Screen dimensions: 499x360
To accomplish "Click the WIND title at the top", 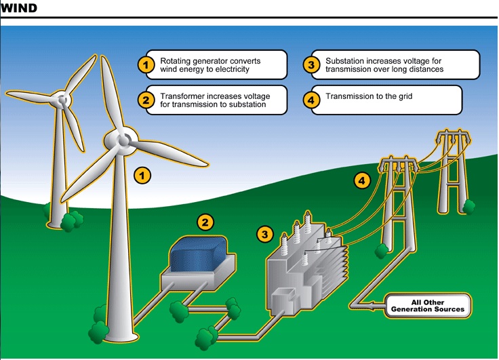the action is tap(18, 7).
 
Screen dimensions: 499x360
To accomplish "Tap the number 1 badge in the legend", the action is tap(146, 65).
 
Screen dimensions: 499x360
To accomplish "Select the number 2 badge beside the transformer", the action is tap(205, 222).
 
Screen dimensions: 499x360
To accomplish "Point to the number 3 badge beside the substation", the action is tap(265, 235).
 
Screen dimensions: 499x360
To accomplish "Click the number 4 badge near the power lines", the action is tap(362, 181).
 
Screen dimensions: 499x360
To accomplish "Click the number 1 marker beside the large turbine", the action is tap(142, 176).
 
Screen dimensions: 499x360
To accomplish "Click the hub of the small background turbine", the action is tap(62, 100).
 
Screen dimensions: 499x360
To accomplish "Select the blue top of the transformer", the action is tap(199, 253).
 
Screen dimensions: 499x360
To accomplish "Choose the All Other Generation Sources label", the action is tap(427, 306).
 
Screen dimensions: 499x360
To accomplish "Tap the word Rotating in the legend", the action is tap(175, 62).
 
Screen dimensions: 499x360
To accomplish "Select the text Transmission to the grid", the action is tap(369, 96).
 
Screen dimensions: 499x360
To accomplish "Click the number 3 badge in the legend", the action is tap(311, 65).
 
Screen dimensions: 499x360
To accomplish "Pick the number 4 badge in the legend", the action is tap(311, 100).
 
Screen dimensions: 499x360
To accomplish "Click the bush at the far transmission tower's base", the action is tap(468, 207).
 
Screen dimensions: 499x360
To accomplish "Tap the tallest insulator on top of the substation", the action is tap(307, 222).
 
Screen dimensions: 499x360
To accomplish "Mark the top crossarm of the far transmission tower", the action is tap(454, 137).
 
